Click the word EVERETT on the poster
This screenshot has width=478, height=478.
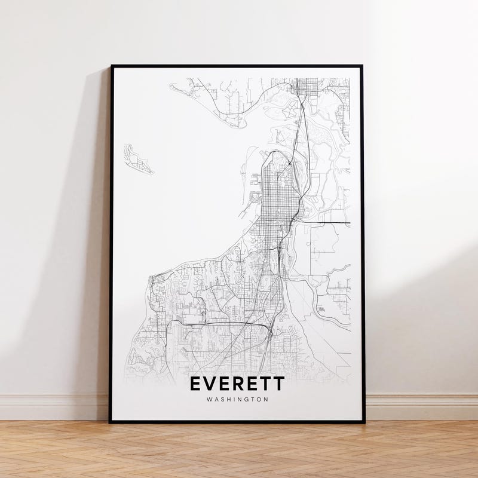coord(237,384)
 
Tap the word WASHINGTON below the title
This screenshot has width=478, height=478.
coord(237,400)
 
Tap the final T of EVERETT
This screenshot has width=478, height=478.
coord(279,384)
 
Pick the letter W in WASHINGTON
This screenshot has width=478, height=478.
coord(208,400)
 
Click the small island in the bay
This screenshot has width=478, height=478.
coord(137,160)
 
